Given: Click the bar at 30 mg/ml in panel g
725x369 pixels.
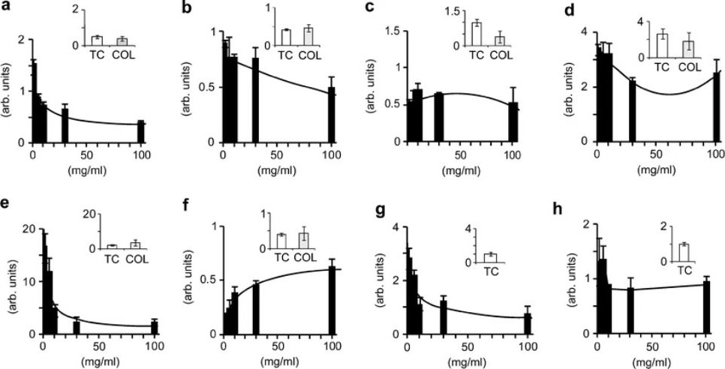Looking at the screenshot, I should point(444,317).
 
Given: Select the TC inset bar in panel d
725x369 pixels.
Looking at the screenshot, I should point(661,46).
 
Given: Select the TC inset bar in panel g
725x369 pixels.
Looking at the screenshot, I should point(490,258).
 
